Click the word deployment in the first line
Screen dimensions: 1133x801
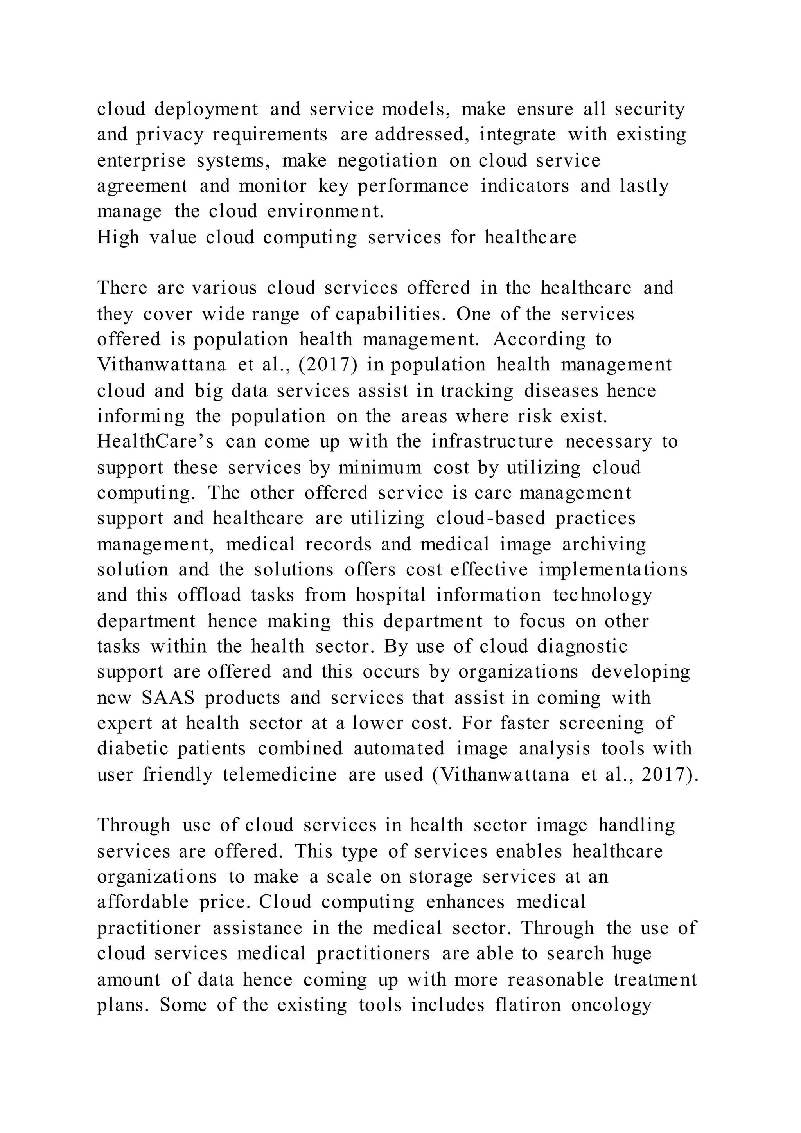206,110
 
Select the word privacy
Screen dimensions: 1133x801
170,135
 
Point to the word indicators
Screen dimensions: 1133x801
525,186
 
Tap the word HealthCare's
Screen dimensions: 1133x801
155,441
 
